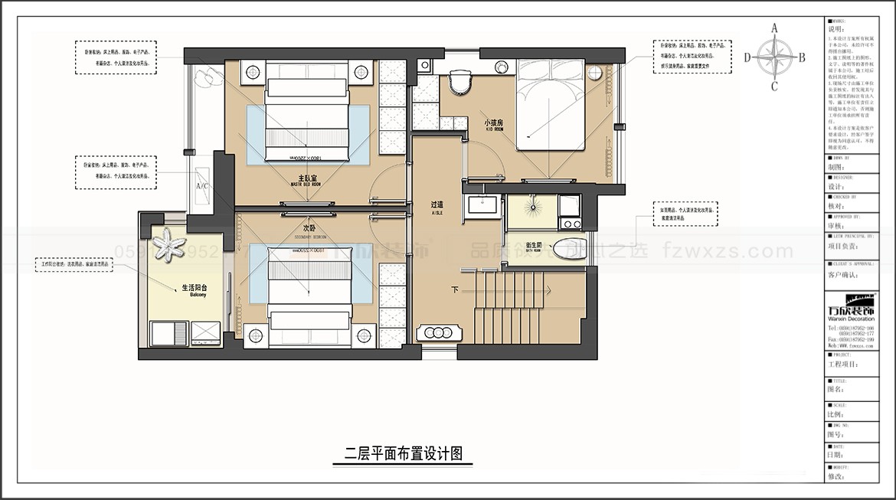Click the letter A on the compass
pos(774,28)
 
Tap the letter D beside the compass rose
pos(747,57)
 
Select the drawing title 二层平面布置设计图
pos(404,453)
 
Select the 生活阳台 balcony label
pos(195,289)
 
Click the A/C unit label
pos(202,186)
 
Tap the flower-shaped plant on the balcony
pos(168,246)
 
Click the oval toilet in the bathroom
pos(567,250)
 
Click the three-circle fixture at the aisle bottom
pos(439,333)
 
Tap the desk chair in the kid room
pos(459,81)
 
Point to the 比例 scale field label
pos(836,413)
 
